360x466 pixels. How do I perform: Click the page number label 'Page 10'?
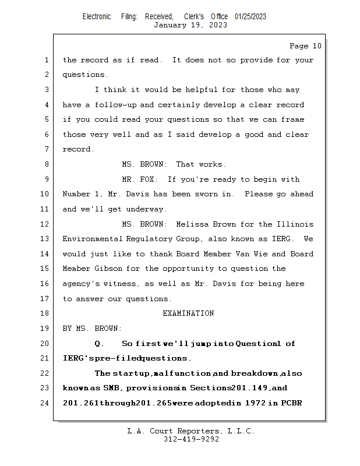pos(305,46)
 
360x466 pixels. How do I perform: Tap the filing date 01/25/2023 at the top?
pos(250,16)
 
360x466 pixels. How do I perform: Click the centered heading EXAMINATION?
pos(188,313)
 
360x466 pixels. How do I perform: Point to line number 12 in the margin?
pos(46,224)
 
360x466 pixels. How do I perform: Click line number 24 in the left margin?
pos(46,403)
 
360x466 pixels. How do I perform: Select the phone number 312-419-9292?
pos(191,439)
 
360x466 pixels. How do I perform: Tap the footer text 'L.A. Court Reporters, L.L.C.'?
pos(190,431)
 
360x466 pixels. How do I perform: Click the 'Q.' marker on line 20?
pos(100,344)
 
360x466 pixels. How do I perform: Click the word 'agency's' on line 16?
pos(81,284)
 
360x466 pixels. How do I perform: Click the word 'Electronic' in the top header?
pos(97,16)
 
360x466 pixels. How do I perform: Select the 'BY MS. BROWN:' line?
pos(93,329)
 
